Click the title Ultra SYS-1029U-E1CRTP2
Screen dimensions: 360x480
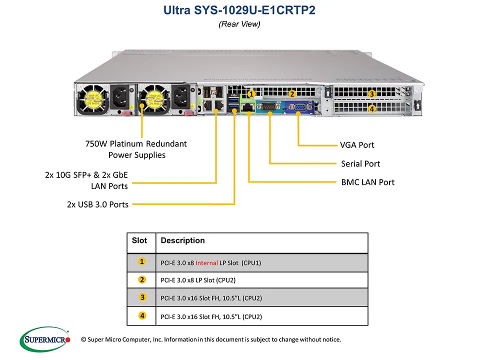coord(239,10)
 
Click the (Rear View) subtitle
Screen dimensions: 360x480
coord(239,24)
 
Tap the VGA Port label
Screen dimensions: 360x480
coord(357,145)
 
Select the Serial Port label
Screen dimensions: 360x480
coord(360,163)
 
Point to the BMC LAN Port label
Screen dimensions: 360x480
coord(367,182)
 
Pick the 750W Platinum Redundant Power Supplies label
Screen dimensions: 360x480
coord(136,149)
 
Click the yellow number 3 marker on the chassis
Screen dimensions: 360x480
coord(371,93)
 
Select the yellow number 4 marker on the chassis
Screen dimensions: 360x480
coord(371,108)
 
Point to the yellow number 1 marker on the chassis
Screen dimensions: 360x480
coord(251,93)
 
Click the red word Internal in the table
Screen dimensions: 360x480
coord(206,262)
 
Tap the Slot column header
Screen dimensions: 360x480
coord(139,240)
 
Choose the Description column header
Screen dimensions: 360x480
coord(183,240)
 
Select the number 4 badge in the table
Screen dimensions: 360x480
coord(142,315)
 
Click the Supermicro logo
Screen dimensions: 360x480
coord(45,340)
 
